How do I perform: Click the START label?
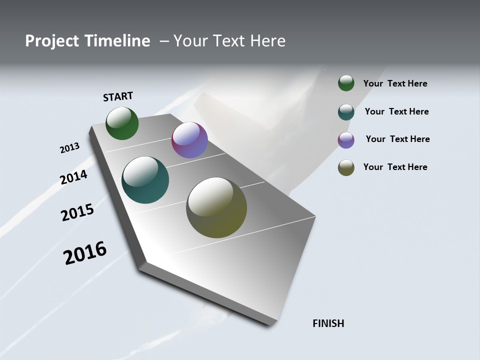click(118, 96)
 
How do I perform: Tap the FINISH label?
click(328, 323)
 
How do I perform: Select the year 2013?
click(69, 148)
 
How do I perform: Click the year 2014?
click(73, 177)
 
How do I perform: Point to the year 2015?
click(77, 212)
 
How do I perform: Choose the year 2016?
click(85, 252)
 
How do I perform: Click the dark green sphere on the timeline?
click(122, 123)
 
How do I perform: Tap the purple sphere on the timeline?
click(189, 140)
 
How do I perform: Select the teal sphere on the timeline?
click(145, 180)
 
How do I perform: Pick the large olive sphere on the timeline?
click(216, 207)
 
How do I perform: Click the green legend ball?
click(346, 83)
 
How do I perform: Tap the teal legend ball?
click(346, 112)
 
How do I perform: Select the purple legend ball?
click(346, 140)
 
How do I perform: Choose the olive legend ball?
click(346, 167)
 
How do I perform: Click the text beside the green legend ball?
click(395, 83)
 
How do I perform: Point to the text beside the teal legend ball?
click(396, 111)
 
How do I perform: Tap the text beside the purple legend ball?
click(397, 139)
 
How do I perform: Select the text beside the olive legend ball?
click(395, 167)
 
